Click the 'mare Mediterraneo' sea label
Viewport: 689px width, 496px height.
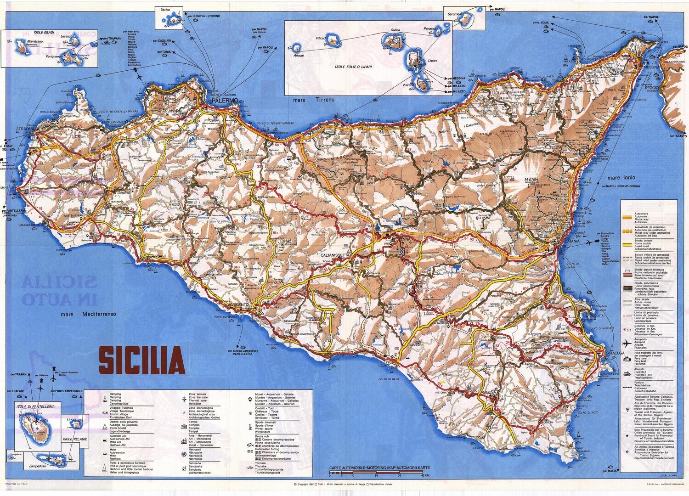[x=89, y=315]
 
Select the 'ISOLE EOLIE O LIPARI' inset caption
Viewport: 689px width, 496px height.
[x=353, y=67]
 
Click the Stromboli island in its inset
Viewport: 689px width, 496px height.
[x=465, y=21]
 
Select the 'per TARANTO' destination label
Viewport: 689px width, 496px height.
[x=678, y=136]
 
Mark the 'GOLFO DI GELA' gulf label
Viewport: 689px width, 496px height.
[x=388, y=379]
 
